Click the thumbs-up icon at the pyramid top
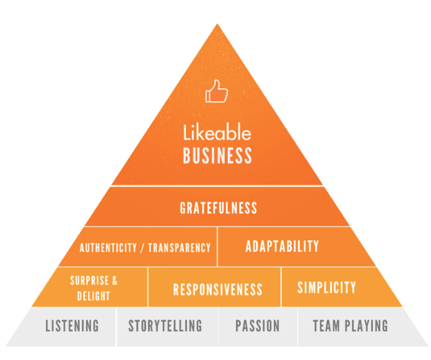pos(216,92)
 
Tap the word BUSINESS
pos(217,156)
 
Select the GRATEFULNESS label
pos(218,207)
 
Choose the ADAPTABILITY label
pos(282,246)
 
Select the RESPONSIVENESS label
pos(218,289)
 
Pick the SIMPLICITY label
pos(326,287)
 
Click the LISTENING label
pos(72,326)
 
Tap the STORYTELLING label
pos(165,326)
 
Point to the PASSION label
pos(257,326)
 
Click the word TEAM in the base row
pos(327,326)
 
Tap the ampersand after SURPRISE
pos(114,280)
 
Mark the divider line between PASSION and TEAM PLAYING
pos(297,326)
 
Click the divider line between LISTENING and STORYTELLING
pos(116,326)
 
